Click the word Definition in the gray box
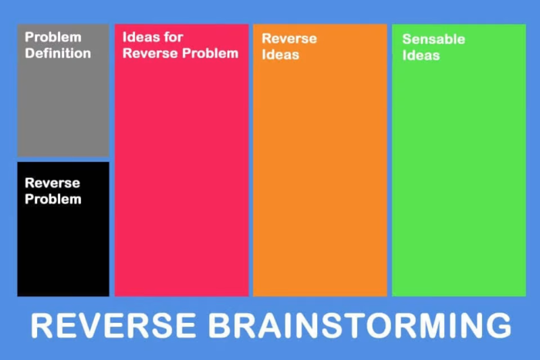(x=58, y=54)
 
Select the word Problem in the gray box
(x=53, y=37)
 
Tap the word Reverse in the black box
(x=52, y=183)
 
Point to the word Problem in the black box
(x=53, y=199)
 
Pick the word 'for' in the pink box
(x=173, y=37)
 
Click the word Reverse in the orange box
(x=289, y=39)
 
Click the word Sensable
(x=433, y=39)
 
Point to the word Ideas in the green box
(x=421, y=55)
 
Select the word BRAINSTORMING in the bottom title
(x=359, y=325)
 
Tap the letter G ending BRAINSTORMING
(x=497, y=325)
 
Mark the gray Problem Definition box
(x=63, y=108)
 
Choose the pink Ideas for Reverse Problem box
(x=181, y=177)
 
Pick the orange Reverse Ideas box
(x=320, y=177)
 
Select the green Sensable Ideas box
(x=459, y=177)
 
